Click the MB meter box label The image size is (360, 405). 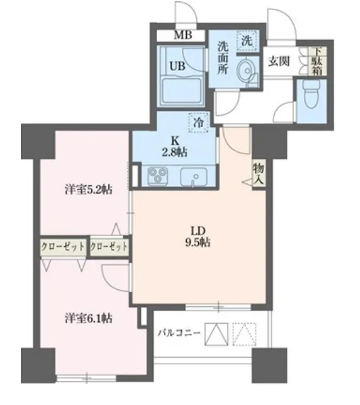(183, 35)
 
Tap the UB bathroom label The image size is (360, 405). (177, 66)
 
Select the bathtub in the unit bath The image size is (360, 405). (181, 91)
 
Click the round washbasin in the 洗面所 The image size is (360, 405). (246, 71)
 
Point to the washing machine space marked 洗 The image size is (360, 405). (247, 41)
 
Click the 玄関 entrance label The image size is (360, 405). (279, 62)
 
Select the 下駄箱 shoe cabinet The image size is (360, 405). (317, 62)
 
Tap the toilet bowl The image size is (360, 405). (311, 95)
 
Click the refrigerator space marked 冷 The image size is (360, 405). (198, 122)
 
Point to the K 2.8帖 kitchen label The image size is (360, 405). (175, 147)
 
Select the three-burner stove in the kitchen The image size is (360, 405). (158, 176)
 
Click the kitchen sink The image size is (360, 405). (194, 177)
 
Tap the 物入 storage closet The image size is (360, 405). (259, 174)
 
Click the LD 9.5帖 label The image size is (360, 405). (198, 237)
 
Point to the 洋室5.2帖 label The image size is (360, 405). (89, 190)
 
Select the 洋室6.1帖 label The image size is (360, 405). (89, 318)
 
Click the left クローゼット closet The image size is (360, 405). (63, 247)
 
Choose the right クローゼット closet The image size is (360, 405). (109, 247)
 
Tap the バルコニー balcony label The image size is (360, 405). (179, 333)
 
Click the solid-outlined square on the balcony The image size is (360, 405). (217, 334)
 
